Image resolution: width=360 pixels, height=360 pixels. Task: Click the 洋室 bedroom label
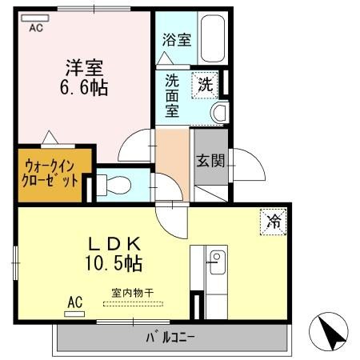85,68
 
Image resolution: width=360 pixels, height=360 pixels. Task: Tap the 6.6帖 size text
84,87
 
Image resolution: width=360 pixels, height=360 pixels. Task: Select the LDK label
114,244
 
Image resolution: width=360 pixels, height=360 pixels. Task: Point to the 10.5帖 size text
114,262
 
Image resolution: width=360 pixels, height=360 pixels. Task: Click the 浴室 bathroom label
177,40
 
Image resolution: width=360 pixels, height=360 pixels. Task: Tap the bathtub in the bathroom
213,38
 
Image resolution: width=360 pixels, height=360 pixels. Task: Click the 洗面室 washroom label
172,95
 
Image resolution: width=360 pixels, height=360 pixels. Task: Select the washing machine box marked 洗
205,85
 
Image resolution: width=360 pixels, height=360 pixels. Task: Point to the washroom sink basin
219,113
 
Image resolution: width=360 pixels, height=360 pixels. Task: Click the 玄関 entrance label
210,161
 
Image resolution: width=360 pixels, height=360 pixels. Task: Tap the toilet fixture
114,185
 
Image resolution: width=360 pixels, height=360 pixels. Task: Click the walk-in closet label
50,174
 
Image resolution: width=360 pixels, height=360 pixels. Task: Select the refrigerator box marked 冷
274,222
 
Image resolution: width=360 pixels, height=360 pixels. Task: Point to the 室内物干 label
133,294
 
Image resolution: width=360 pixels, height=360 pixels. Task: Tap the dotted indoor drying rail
133,304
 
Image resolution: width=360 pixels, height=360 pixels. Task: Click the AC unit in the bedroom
35,18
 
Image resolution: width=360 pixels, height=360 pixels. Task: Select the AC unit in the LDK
74,314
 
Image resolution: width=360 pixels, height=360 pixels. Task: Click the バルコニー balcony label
170,338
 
